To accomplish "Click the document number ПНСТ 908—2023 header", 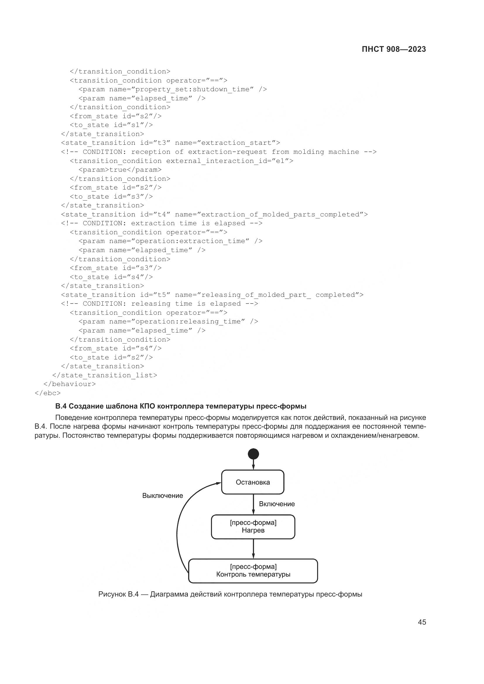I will (394, 49).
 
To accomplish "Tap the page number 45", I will (422, 622).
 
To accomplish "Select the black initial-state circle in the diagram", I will (253, 454).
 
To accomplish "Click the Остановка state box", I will (253, 482).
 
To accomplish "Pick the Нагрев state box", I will (253, 527).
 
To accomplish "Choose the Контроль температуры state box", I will (253, 571).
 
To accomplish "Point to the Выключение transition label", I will (162, 495).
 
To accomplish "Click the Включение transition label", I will (277, 504).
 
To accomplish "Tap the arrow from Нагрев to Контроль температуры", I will (253, 548).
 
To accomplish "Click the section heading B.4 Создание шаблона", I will (181, 406).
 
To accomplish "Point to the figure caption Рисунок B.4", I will (230, 594).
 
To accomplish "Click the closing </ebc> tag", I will (48, 393).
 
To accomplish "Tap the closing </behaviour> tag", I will (70, 384).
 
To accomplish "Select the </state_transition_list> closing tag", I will (104, 375).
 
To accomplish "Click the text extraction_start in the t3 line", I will (236, 143).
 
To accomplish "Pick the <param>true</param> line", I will (120, 170).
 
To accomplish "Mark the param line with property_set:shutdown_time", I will (173, 89).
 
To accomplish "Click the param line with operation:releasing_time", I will (168, 321).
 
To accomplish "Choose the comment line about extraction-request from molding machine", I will (219, 152).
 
